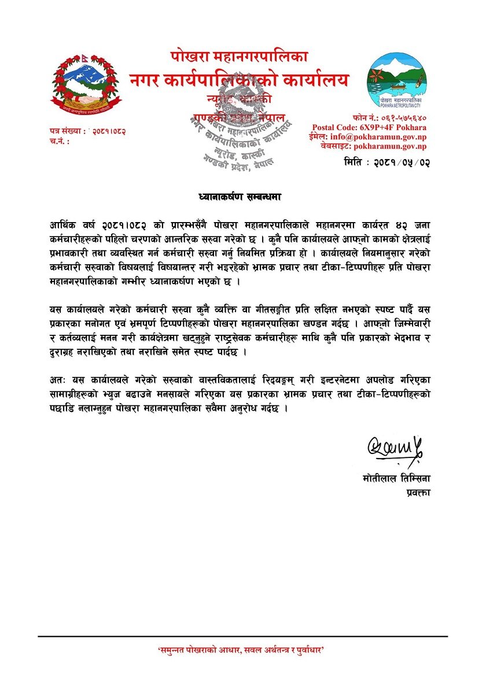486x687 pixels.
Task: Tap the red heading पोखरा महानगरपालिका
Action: click(239, 57)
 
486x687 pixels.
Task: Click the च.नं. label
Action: click(60, 141)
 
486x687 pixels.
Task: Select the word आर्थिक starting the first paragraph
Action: click(62, 224)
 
